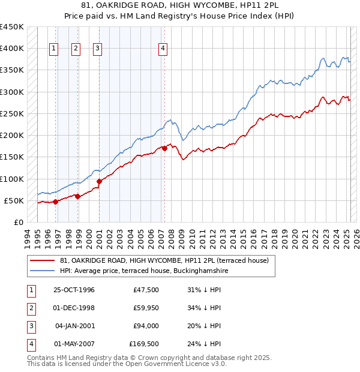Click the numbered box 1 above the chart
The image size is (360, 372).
tap(54, 49)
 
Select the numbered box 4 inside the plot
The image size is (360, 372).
tap(163, 49)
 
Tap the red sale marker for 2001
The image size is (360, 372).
tap(98, 181)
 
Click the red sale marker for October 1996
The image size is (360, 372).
tap(55, 202)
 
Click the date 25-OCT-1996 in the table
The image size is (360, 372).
tap(74, 290)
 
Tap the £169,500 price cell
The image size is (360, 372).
tap(144, 344)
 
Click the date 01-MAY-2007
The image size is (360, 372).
tap(74, 344)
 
